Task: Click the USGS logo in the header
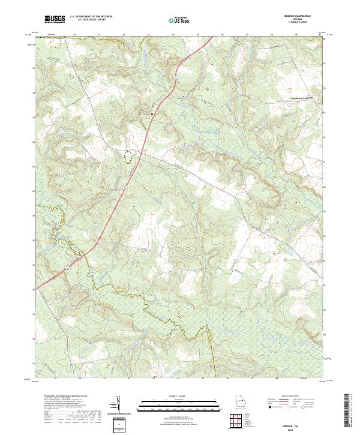coord(55,20)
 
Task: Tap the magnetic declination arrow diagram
coord(119,405)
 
